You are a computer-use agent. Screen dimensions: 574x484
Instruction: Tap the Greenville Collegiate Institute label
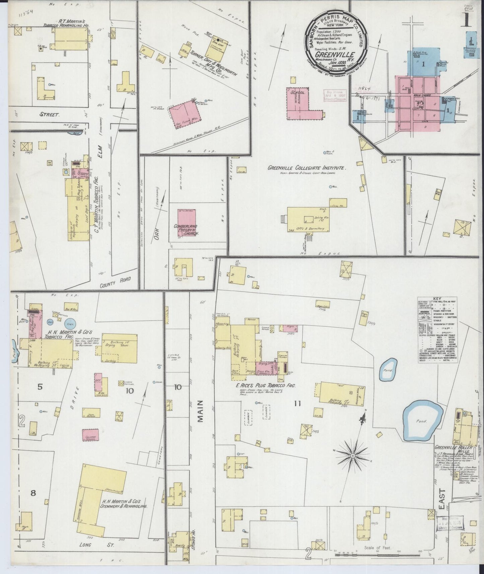click(306, 168)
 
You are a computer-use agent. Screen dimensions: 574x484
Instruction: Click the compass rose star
click(353, 456)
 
